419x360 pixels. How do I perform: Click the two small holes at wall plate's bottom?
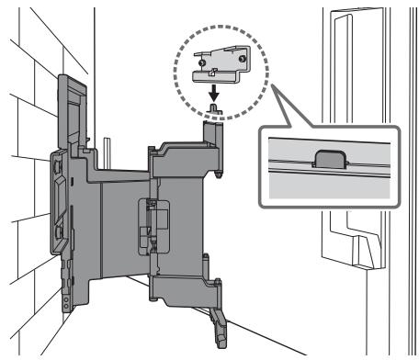[x=67, y=302]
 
